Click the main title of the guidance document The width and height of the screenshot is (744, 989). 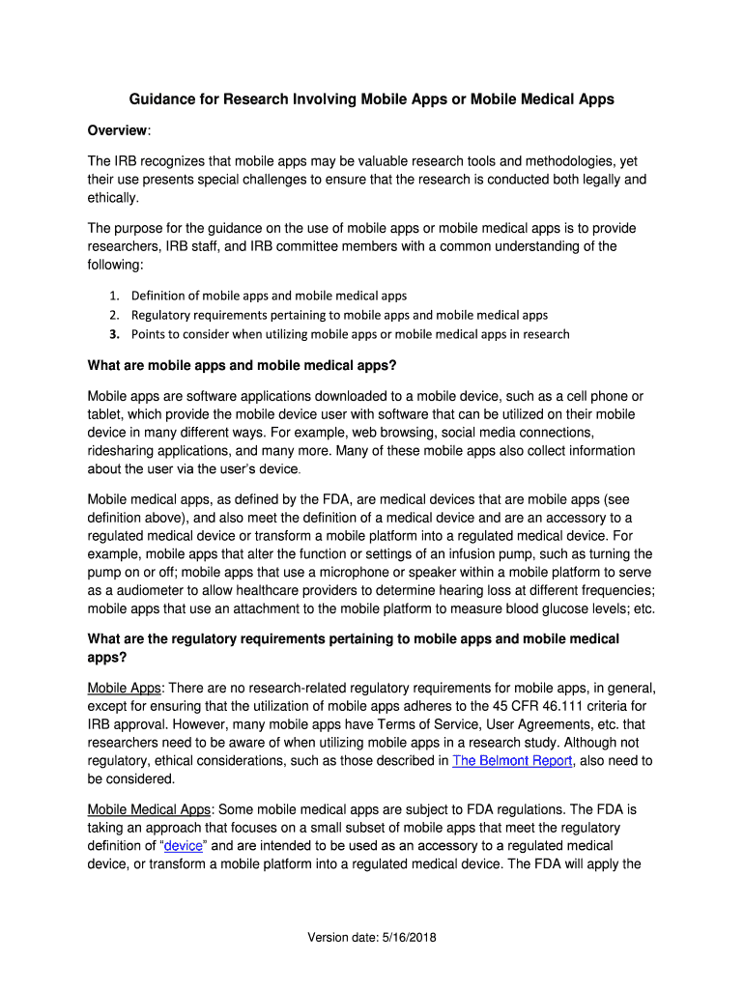pyautogui.click(x=372, y=99)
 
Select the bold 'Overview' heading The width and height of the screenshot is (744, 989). pyautogui.click(x=118, y=130)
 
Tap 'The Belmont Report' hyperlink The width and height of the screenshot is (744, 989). pyautogui.click(x=513, y=761)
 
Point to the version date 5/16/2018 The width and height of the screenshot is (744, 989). pyautogui.click(x=371, y=938)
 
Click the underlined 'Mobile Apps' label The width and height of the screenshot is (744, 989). pyautogui.click(x=124, y=688)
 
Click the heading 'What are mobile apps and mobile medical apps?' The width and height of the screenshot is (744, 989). pyautogui.click(x=242, y=366)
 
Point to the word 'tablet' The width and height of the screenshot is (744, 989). pyautogui.click(x=104, y=414)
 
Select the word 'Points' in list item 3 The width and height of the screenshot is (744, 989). pyautogui.click(x=149, y=335)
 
